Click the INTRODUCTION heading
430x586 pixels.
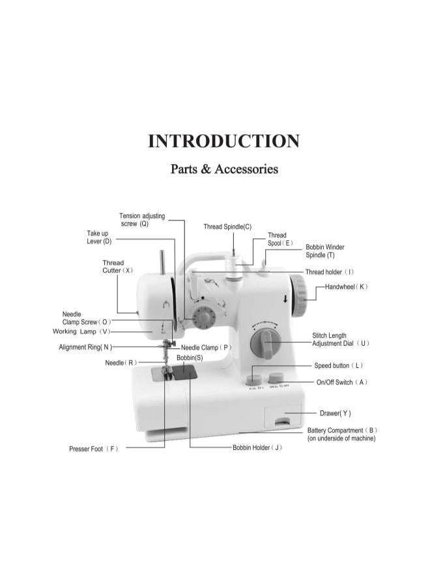223,141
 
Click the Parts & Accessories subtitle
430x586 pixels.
224,169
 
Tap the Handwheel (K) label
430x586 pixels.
346,286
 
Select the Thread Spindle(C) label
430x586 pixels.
227,227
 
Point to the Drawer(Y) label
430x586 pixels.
335,413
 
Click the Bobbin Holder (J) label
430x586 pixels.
257,447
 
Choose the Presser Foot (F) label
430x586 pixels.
93,449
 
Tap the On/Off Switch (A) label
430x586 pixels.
342,382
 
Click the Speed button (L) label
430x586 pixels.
338,365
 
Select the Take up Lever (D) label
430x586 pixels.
99,237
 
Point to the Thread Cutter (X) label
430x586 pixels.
117,266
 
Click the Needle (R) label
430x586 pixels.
121,363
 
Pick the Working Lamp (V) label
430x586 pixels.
81,331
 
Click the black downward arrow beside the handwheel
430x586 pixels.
285,299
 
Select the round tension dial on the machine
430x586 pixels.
204,317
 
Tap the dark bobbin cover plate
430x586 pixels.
184,372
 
